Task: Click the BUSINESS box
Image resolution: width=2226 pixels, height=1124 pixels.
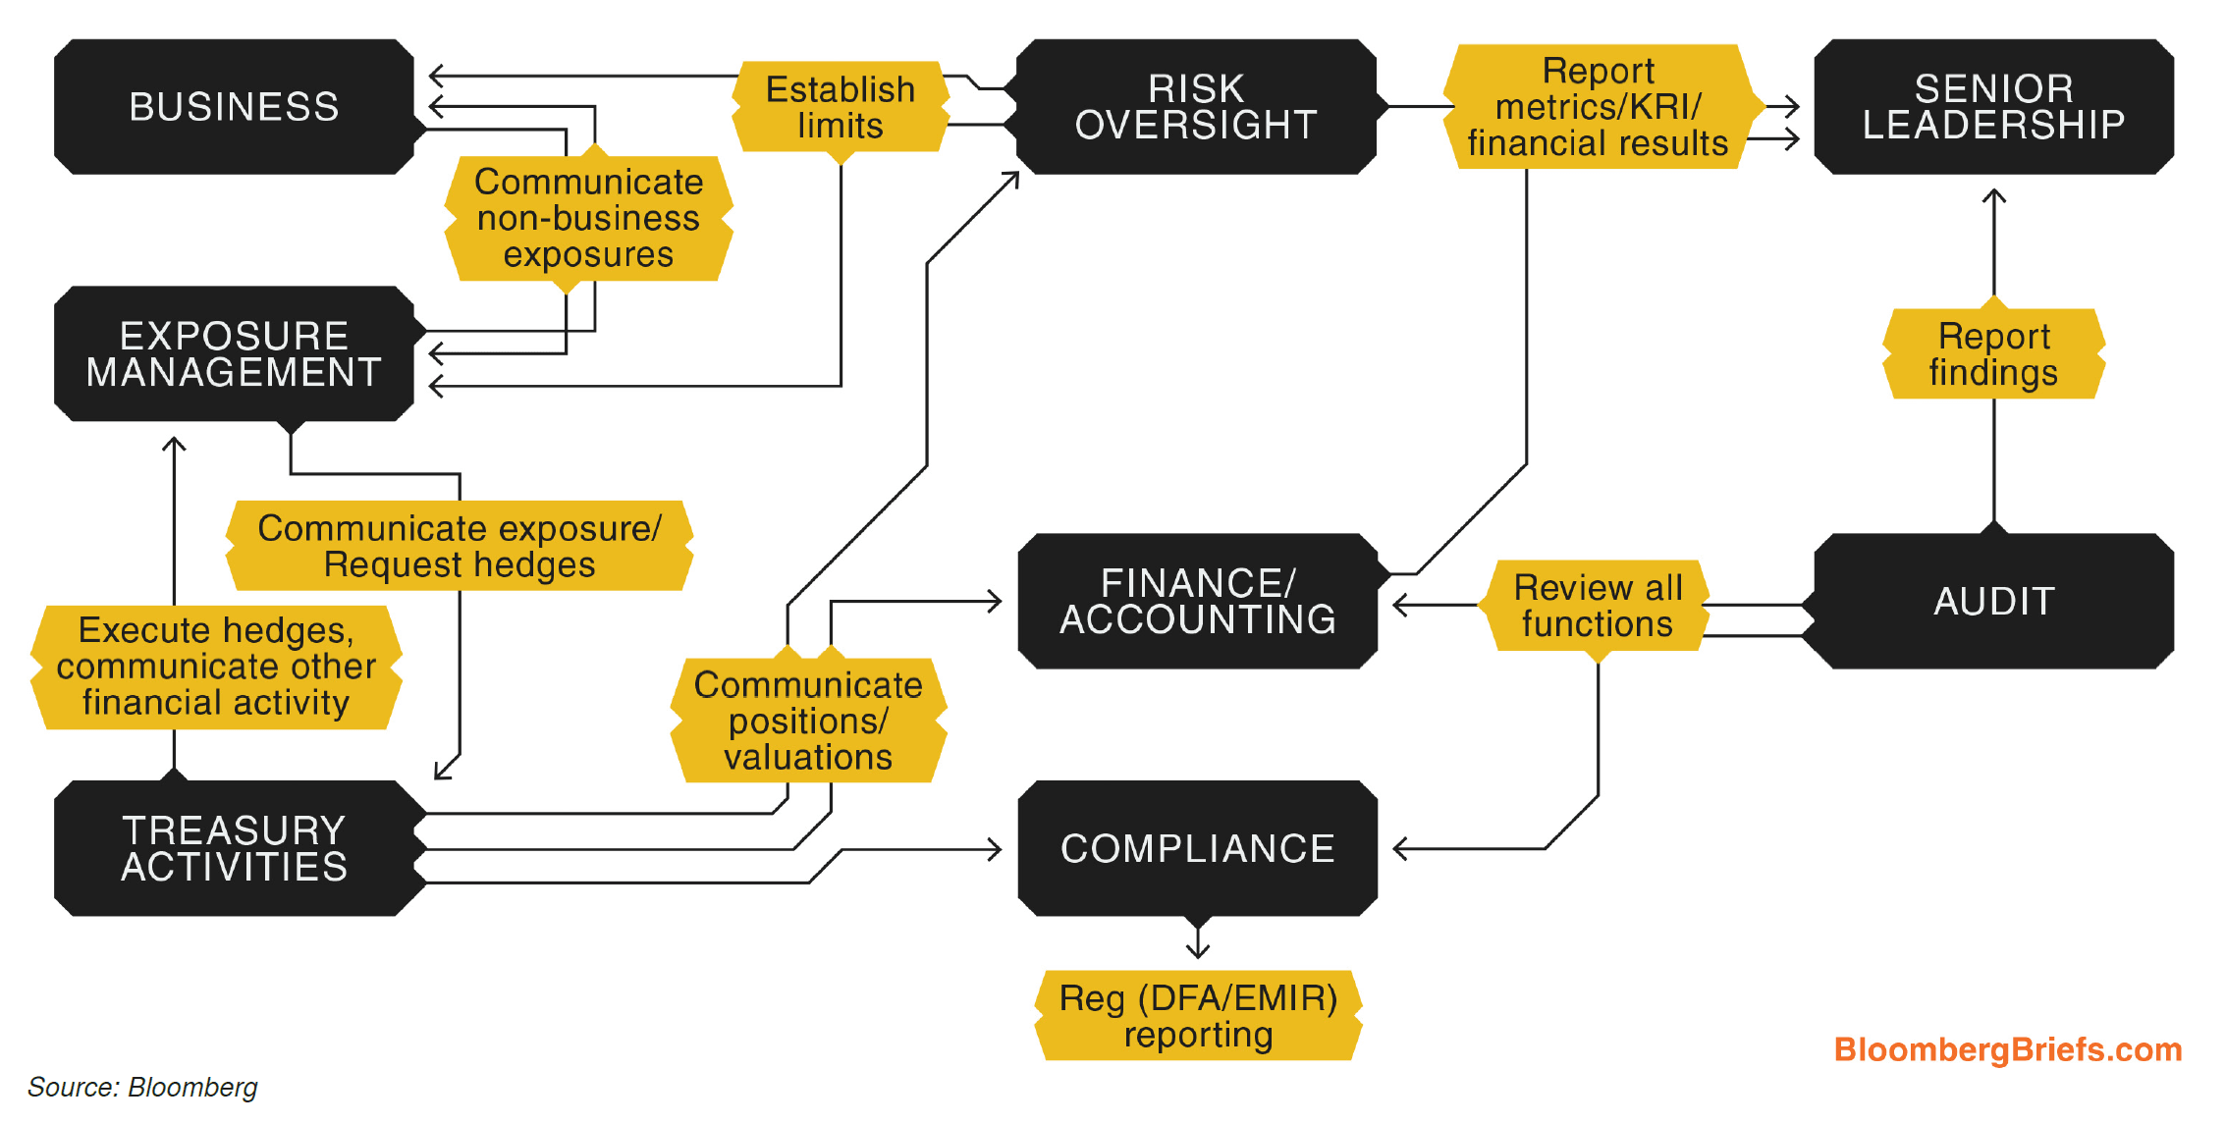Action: (234, 107)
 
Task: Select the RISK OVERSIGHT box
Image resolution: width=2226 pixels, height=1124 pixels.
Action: (1196, 107)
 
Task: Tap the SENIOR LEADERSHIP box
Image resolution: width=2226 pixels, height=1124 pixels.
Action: (1993, 107)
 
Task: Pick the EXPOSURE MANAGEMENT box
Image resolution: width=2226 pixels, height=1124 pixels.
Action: (234, 353)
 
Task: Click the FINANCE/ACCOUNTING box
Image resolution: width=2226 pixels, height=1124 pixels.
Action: (1197, 601)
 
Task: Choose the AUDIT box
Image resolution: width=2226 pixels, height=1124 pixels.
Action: (1993, 601)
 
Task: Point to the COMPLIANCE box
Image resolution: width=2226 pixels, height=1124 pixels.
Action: (1197, 848)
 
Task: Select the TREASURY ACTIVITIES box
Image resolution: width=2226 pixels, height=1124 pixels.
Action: (234, 848)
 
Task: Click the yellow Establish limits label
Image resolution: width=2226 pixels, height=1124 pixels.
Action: (841, 107)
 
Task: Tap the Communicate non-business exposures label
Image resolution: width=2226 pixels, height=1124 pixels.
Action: (588, 218)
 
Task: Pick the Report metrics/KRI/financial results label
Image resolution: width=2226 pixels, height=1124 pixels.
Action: (1598, 107)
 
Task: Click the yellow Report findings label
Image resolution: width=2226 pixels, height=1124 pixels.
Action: (1993, 354)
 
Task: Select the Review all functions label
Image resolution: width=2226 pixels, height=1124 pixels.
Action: (1598, 606)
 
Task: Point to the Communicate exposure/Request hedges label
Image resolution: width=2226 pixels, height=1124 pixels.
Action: (460, 546)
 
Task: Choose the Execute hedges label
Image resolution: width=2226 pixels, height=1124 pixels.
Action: (216, 667)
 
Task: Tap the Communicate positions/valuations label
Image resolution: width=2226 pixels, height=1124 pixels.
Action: (808, 721)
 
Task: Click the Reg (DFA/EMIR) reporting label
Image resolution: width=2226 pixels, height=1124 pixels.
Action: (1198, 1016)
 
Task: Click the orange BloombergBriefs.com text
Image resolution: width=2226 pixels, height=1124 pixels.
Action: (2007, 1049)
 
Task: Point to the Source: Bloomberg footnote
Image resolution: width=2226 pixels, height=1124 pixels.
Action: (142, 1087)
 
